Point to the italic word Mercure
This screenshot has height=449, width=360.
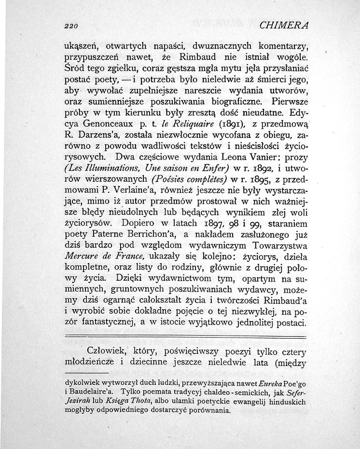click(x=82, y=268)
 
